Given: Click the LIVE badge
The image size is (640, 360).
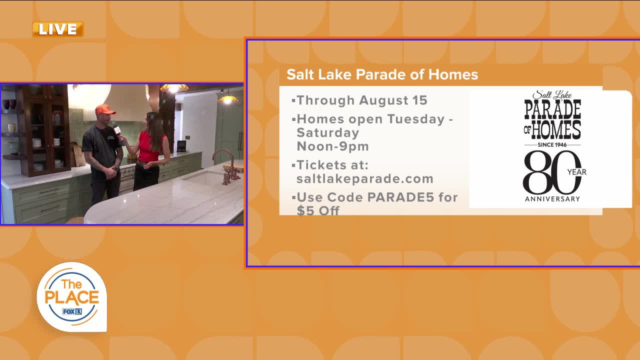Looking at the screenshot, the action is click(58, 29).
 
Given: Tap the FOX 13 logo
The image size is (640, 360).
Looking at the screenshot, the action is click(72, 311).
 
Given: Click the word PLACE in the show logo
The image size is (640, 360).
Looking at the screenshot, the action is click(72, 297).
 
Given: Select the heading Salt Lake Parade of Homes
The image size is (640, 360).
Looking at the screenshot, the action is click(382, 74).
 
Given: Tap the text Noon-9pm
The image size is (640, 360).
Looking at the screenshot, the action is click(333, 146).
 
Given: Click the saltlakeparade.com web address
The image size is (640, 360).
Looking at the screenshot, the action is click(365, 179).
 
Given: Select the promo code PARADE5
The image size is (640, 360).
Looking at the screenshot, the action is click(400, 197).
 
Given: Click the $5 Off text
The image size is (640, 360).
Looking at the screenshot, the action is click(318, 211).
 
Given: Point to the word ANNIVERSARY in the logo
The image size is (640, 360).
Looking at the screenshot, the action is click(552, 199).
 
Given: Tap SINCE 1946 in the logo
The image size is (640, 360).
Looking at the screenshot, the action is click(552, 145).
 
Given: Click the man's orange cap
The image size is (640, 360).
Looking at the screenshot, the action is click(105, 109).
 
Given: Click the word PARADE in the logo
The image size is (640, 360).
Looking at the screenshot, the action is click(552, 109).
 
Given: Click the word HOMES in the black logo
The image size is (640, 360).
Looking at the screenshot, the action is click(556, 130).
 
